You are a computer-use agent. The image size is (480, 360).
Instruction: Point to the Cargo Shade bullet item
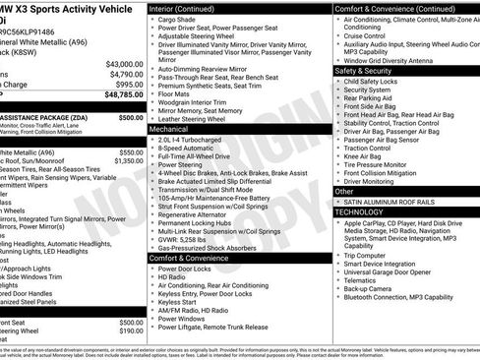pos(178,18)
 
